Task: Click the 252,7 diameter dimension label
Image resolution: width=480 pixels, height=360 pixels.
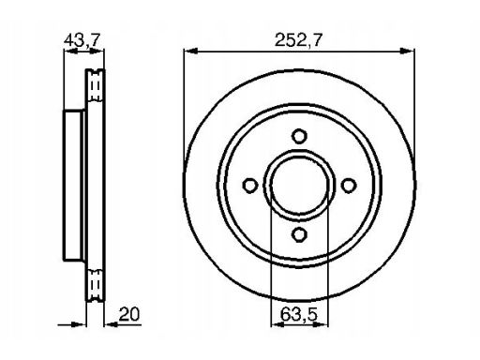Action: coord(298,40)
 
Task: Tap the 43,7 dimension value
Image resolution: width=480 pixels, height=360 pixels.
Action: coord(82,40)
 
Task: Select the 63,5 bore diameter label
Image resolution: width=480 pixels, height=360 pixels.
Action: coord(299,314)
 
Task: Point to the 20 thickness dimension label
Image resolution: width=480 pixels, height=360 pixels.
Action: coord(129,314)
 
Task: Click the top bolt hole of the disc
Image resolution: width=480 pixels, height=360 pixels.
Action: coord(299,136)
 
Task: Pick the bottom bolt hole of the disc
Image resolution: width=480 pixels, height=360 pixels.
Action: coord(299,234)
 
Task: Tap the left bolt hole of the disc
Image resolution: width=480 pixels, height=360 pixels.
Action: coord(250,186)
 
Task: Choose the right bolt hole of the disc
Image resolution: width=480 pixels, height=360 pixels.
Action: coord(349,186)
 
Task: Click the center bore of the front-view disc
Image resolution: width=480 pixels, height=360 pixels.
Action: coord(299,186)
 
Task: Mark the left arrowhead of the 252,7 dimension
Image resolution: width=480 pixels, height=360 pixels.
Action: coord(190,51)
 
